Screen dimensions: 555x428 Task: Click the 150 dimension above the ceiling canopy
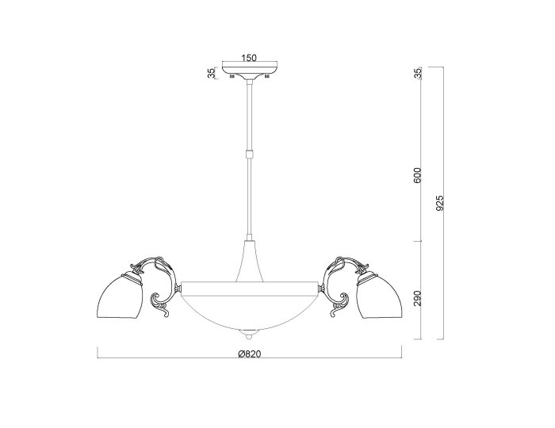pos(249,57)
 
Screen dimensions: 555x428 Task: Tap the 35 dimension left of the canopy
pos(211,73)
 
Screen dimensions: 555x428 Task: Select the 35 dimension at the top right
pos(418,73)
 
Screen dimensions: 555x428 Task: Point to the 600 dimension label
pos(418,175)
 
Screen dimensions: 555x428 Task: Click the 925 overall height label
pos(439,204)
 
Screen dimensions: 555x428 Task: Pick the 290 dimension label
pos(418,298)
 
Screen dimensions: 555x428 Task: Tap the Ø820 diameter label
pos(250,353)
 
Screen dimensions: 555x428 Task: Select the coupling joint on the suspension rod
pos(250,155)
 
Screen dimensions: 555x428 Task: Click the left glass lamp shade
pos(121,296)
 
